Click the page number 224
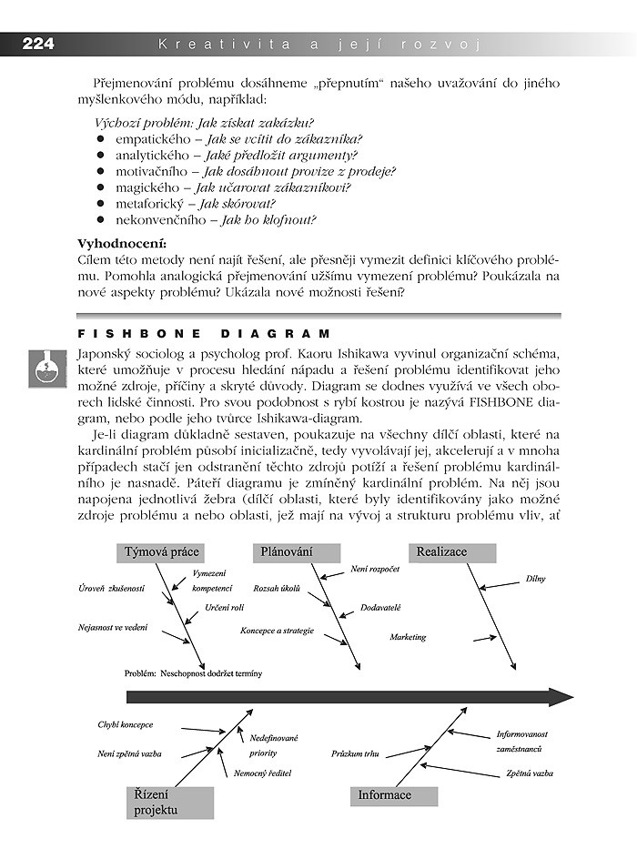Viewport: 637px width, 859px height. pos(38,44)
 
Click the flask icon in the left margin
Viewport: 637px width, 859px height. pos(42,368)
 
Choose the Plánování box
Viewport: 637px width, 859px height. pos(296,552)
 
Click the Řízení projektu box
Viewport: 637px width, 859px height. pos(168,802)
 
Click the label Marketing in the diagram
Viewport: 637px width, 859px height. pos(408,638)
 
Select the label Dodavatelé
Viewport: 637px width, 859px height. pos(380,607)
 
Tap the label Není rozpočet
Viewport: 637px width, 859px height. pos(375,569)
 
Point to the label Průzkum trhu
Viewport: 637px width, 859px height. pos(355,754)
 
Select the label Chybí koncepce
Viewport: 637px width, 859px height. pos(126,725)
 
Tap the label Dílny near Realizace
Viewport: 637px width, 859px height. pos(535,579)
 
